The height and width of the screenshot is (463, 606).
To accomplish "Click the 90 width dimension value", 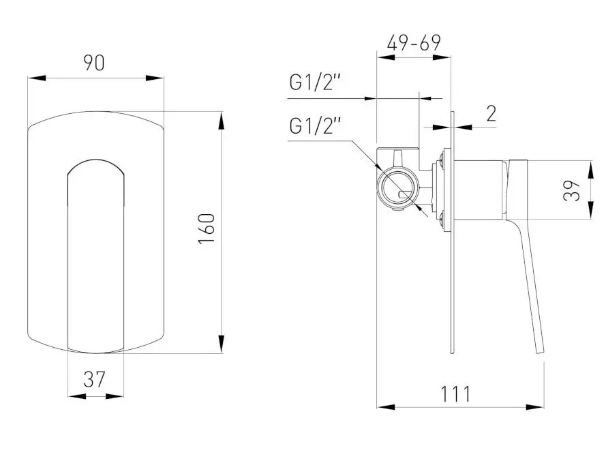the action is click(x=94, y=63).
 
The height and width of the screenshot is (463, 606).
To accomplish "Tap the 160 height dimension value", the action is click(x=207, y=228).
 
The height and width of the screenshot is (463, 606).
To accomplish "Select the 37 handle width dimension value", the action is click(x=94, y=380).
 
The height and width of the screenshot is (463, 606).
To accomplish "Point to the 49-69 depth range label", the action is click(x=414, y=43).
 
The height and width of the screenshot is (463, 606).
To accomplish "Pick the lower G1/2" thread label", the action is click(x=316, y=126).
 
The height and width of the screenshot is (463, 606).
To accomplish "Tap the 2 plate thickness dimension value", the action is click(x=491, y=114).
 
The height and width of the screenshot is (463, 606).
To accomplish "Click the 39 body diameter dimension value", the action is click(x=572, y=190).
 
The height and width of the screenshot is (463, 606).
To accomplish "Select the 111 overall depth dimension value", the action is click(x=456, y=394).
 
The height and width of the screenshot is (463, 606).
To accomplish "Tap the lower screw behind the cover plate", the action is click(x=441, y=218).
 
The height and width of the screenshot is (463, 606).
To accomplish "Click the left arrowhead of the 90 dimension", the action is click(x=37, y=78).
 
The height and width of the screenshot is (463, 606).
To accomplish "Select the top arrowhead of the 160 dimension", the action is click(x=221, y=121).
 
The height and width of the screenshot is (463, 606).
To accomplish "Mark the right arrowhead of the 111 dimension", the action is click(x=535, y=407).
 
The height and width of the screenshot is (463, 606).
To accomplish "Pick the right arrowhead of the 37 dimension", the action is click(x=115, y=396).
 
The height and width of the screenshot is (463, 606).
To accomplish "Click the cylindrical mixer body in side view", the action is click(x=479, y=190).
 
